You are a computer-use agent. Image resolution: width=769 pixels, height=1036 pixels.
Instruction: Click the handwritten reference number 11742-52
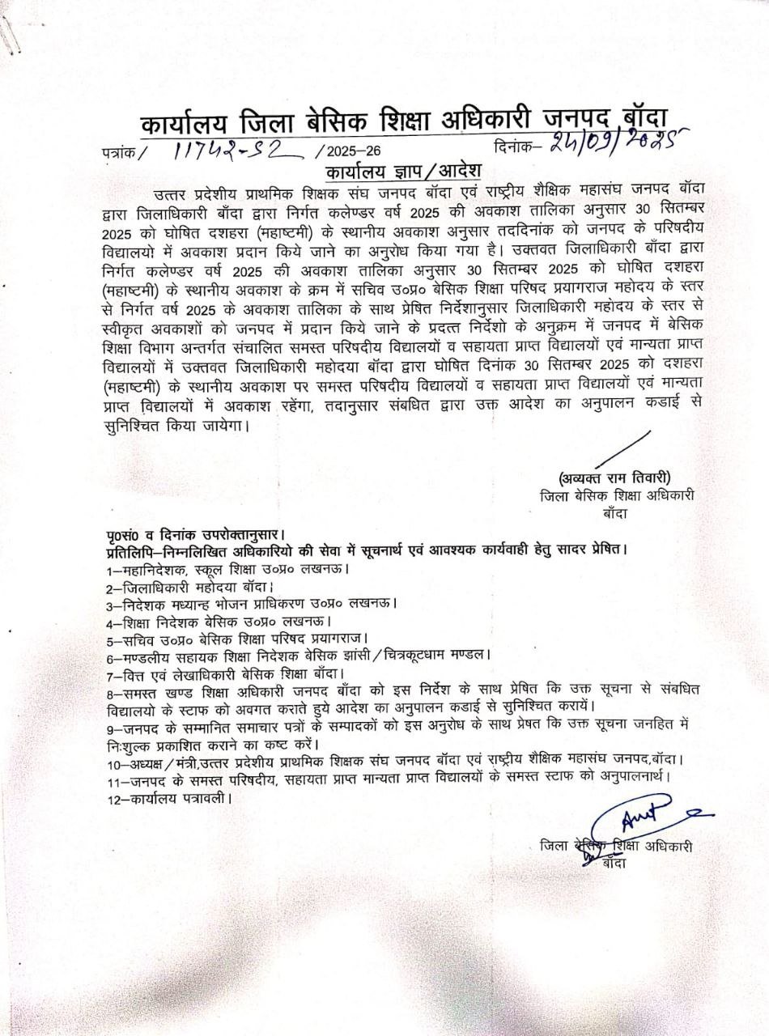[x=232, y=150]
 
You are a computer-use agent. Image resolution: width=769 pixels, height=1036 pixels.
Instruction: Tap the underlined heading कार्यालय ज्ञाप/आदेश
[x=402, y=172]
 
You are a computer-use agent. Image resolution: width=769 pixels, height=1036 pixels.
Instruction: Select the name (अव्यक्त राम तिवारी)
[x=614, y=477]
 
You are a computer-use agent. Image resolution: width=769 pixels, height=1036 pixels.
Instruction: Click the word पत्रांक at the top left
[x=120, y=151]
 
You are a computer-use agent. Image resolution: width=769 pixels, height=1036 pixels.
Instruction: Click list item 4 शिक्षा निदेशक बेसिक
[x=215, y=621]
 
